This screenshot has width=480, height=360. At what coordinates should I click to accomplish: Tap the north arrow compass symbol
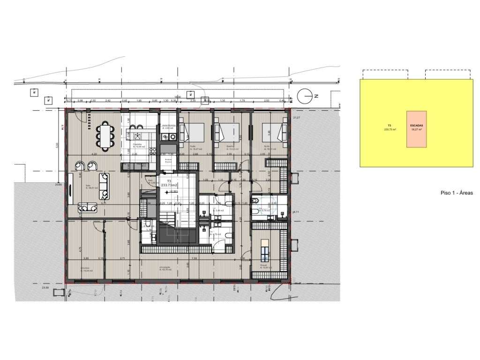point(305,96)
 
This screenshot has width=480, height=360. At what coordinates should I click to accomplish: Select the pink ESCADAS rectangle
point(416,129)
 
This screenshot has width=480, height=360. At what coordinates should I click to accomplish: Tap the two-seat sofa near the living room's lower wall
point(87,207)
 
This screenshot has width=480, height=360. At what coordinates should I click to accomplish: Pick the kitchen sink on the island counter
point(138,127)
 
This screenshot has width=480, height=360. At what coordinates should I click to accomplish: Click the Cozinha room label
point(137,145)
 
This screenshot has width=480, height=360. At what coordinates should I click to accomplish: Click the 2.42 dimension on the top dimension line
point(108,100)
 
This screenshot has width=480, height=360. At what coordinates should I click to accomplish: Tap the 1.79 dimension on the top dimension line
point(242,100)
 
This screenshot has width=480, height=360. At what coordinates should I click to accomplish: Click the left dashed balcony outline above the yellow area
point(384,74)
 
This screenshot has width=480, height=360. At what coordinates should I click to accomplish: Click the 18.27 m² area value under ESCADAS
point(416,130)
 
